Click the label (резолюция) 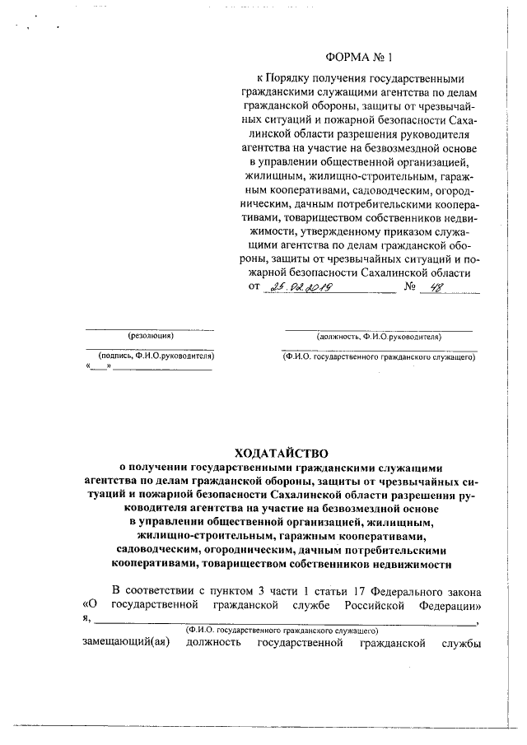(151, 336)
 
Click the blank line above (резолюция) (151, 328)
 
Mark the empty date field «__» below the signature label (98, 367)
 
